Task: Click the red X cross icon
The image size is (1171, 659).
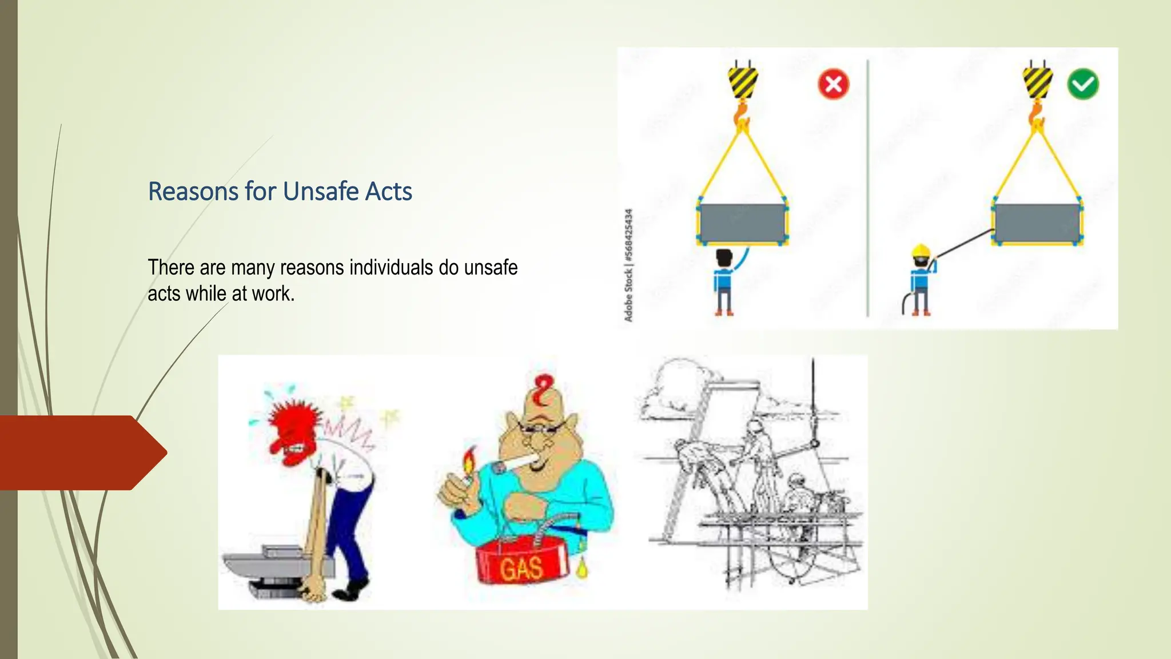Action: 833,84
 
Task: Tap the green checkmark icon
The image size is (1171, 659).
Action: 1082,84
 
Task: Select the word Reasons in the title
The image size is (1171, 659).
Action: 193,191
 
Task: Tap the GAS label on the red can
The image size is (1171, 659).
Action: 521,567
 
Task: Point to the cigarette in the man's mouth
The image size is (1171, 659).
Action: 514,463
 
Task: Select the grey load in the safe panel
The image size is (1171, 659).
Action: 1036,223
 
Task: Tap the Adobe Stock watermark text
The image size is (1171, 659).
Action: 628,265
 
